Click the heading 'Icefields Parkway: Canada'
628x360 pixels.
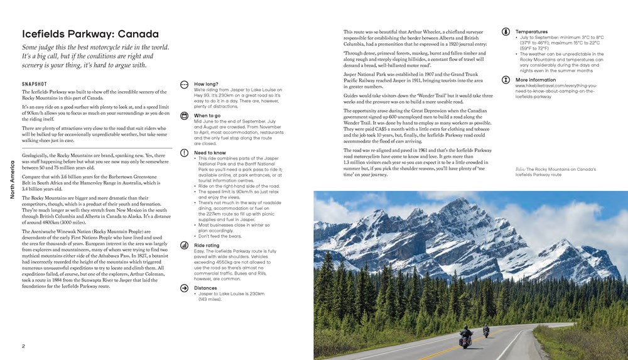tap(90, 34)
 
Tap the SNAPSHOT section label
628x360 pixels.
tap(36, 83)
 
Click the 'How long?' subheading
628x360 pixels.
tap(207, 84)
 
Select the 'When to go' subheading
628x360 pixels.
tap(207, 116)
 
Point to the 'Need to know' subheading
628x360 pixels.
tap(210, 153)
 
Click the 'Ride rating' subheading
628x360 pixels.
tap(207, 245)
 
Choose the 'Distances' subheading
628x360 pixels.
tap(206, 288)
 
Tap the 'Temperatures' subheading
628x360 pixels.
tap(531, 31)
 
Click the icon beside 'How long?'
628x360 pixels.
tap(184, 84)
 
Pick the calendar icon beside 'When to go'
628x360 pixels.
tap(184, 116)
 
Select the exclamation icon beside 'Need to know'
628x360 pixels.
tap(184, 153)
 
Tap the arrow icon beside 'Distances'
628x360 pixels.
tap(184, 288)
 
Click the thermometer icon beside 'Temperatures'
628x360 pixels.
tap(506, 32)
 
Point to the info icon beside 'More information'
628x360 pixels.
tap(506, 80)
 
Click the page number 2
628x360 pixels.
tap(23, 346)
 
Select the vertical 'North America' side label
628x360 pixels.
tap(12, 179)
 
